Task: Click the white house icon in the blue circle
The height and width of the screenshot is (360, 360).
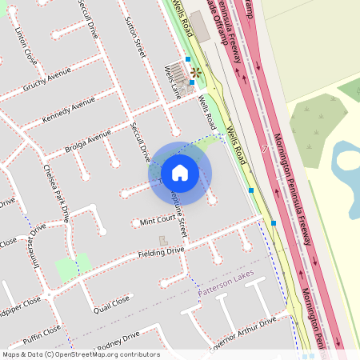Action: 180,173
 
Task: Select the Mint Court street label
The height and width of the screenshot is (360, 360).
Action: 157,220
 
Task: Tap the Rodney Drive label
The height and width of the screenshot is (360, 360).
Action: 117,339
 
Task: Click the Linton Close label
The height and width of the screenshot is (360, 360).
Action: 26,46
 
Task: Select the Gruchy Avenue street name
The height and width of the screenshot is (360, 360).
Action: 47,82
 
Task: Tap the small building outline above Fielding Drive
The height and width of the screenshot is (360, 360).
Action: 164,240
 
